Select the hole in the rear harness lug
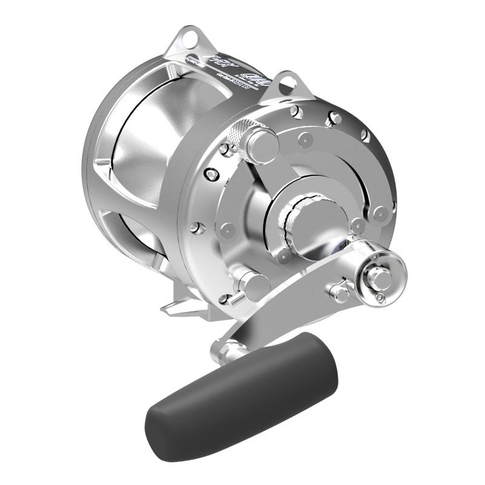pos(192,41)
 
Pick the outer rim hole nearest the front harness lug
pos(295,112)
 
